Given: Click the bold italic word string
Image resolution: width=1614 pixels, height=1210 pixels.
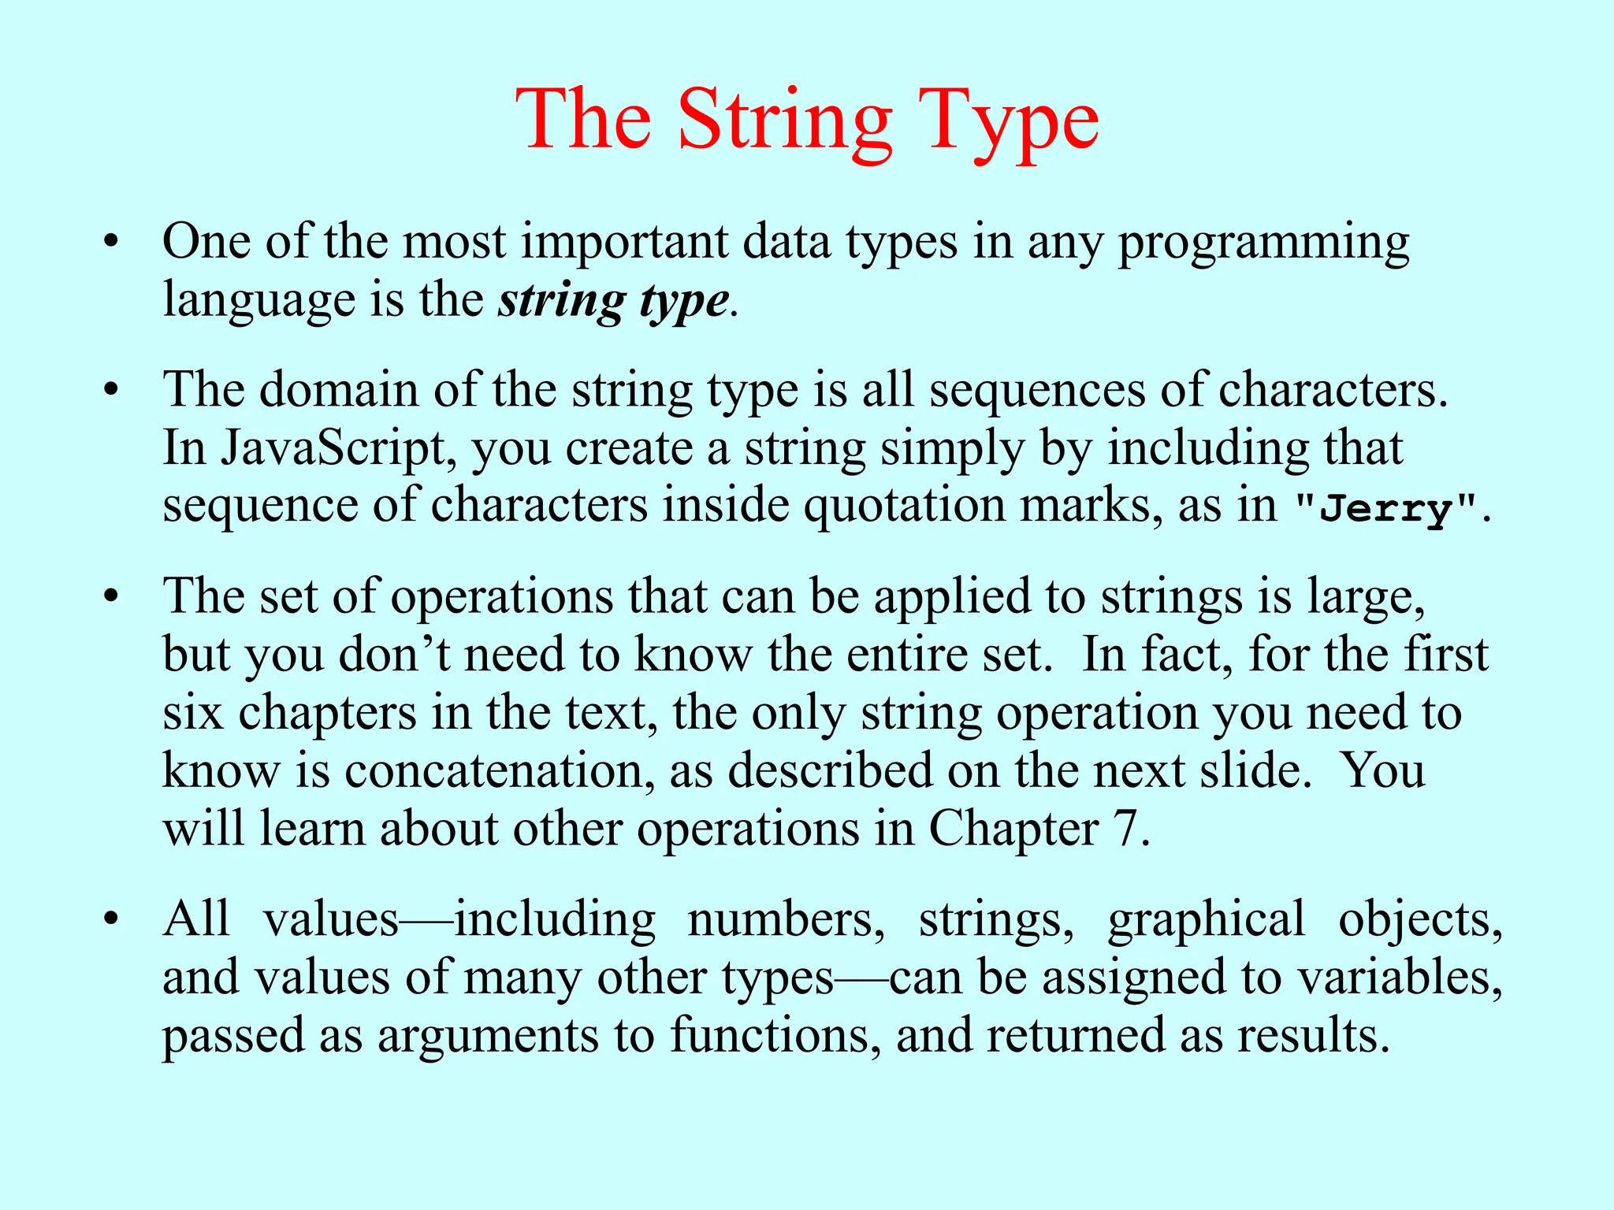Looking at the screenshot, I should point(561,301).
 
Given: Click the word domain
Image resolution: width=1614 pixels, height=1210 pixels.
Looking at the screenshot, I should point(339,389).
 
